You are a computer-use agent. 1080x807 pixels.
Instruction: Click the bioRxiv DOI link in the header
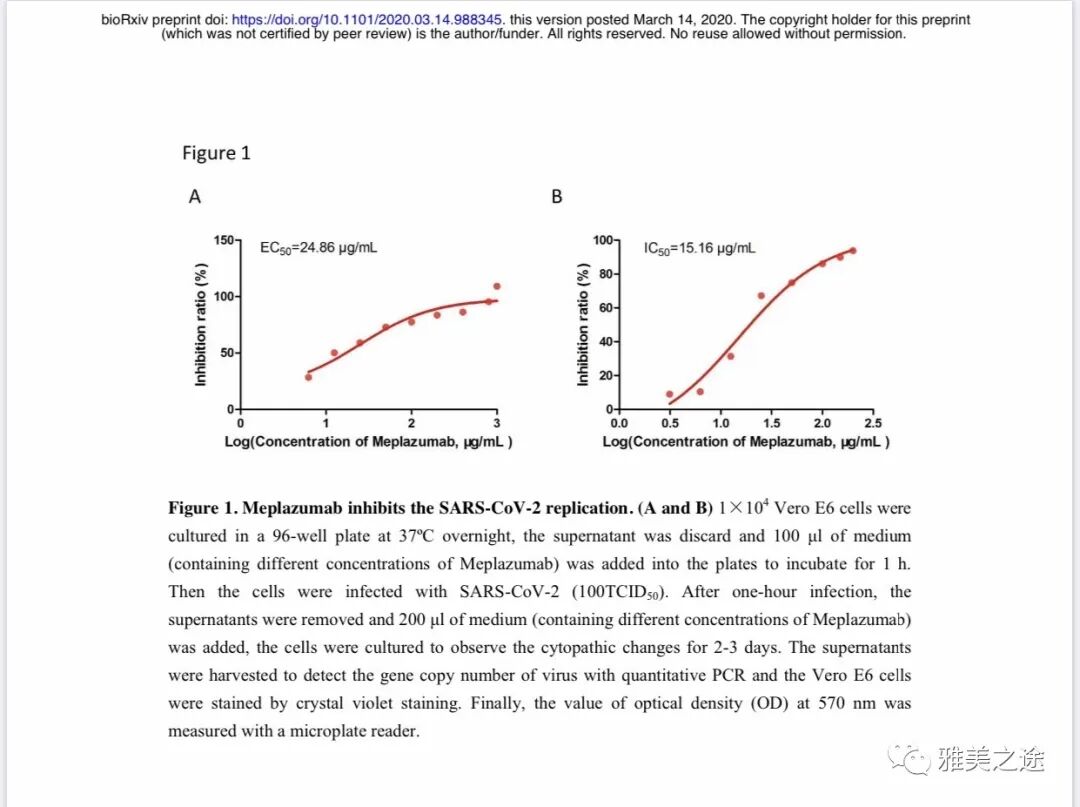click(x=368, y=20)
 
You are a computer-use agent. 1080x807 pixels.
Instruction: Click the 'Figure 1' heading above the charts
click(x=216, y=153)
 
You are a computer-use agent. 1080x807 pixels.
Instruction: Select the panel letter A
click(x=195, y=197)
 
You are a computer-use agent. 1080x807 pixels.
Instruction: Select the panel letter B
click(x=557, y=197)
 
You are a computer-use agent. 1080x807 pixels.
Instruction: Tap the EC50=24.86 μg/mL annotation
click(x=318, y=247)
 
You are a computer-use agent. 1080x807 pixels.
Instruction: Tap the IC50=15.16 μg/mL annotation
click(x=699, y=247)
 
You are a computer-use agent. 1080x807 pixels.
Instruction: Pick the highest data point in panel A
click(x=497, y=286)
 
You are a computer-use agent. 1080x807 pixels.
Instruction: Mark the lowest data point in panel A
click(x=308, y=377)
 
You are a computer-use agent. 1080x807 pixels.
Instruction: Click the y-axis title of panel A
click(x=201, y=325)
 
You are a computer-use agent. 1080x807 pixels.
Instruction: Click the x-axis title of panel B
click(x=745, y=442)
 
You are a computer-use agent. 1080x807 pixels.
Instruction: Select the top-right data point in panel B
click(x=853, y=250)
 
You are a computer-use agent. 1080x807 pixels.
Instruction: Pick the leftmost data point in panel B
click(x=669, y=394)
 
